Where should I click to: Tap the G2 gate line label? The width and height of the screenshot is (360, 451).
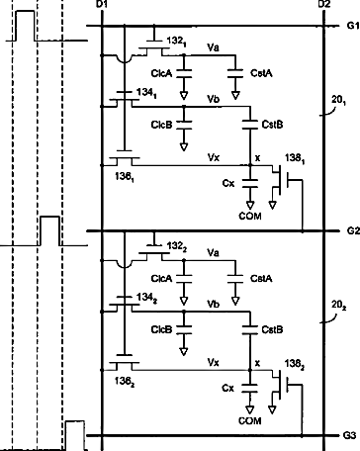[x=353, y=230]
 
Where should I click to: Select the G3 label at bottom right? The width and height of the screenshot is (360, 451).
[x=349, y=435]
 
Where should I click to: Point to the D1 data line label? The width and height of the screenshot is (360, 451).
[x=103, y=4]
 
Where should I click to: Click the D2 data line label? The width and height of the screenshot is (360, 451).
[x=324, y=4]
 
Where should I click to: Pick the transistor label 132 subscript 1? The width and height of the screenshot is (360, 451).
[x=176, y=42]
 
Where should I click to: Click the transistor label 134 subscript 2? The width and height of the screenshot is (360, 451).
[x=147, y=298]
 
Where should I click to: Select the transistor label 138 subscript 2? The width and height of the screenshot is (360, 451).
[x=295, y=364]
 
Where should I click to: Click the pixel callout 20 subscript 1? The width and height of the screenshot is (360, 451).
[x=339, y=101]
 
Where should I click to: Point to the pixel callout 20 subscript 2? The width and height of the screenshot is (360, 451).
[x=339, y=306]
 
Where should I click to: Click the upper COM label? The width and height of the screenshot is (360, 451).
[x=250, y=217]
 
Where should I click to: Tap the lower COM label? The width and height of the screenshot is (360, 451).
[x=250, y=421]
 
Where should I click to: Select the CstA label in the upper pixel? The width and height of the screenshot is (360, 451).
[x=261, y=73]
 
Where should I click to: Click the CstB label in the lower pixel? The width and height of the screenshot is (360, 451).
[x=272, y=329]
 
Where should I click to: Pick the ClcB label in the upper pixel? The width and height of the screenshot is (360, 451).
[x=161, y=125]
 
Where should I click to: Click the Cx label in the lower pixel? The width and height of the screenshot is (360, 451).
[x=228, y=389]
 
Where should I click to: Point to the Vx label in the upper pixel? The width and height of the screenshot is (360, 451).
[x=214, y=157]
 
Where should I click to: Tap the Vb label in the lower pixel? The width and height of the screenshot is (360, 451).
[x=214, y=304]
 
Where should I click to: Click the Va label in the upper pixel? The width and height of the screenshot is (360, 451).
[x=213, y=47]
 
